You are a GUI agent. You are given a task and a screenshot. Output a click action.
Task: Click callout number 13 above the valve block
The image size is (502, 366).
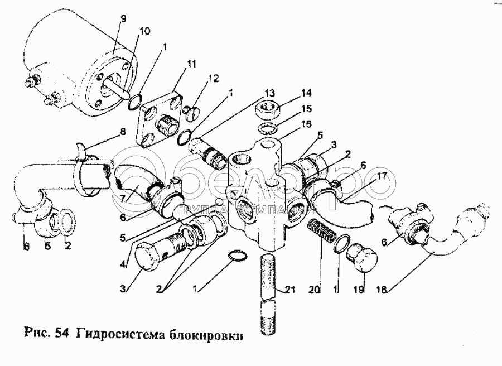tap(269, 92)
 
